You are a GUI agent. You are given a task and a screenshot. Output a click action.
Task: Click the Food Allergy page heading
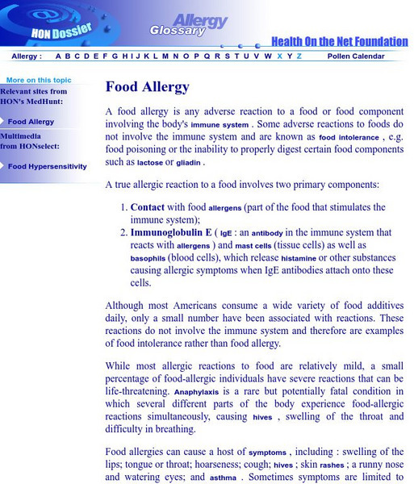click(147, 87)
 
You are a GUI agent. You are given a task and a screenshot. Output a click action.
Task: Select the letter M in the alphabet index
click(165, 56)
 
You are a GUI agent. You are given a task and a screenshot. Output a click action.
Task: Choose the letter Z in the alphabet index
click(299, 56)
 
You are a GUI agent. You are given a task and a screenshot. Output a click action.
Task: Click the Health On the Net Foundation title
click(339, 41)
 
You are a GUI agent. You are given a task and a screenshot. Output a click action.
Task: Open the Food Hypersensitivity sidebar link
click(47, 166)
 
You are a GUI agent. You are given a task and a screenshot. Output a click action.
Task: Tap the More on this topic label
click(38, 81)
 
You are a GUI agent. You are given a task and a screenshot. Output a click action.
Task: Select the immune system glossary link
click(220, 126)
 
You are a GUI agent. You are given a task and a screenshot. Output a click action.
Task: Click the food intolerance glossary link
click(349, 138)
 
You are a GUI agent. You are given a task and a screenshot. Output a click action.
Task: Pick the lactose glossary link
click(150, 163)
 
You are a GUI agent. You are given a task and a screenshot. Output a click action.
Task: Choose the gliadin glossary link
click(188, 163)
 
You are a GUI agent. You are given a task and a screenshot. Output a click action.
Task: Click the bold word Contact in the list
click(147, 207)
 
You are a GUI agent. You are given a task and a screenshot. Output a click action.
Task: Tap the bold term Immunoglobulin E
click(171, 232)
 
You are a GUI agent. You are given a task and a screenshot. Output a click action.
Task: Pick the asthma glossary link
click(223, 478)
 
